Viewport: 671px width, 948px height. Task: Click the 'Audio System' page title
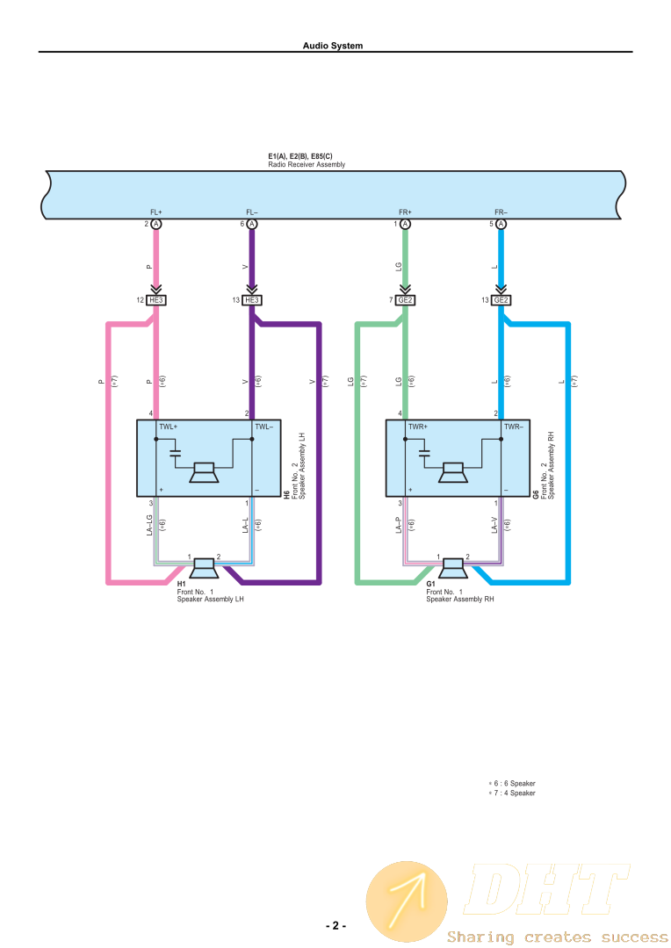[332, 46]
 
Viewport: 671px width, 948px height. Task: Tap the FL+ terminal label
[155, 212]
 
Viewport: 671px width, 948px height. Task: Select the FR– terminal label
[501, 212]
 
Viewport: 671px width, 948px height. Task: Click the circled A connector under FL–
[252, 224]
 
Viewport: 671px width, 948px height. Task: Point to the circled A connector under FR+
[406, 224]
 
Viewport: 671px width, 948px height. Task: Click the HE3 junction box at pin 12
[155, 300]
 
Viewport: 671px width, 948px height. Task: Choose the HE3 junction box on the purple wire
[252, 300]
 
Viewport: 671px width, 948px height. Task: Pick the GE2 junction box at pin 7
[405, 300]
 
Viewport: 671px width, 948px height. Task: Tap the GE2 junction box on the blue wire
[501, 300]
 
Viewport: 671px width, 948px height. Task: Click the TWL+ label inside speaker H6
[168, 427]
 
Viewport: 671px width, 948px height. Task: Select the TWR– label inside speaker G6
[514, 427]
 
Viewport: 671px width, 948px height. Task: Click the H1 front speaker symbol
[205, 568]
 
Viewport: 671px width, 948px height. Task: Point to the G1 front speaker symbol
[454, 568]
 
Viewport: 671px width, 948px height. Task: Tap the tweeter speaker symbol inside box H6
[205, 472]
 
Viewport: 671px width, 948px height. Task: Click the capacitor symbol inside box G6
[424, 454]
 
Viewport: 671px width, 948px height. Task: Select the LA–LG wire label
[150, 525]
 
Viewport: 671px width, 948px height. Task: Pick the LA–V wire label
[495, 525]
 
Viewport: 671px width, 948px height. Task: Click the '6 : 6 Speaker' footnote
[513, 783]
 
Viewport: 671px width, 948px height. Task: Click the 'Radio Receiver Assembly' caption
[307, 165]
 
